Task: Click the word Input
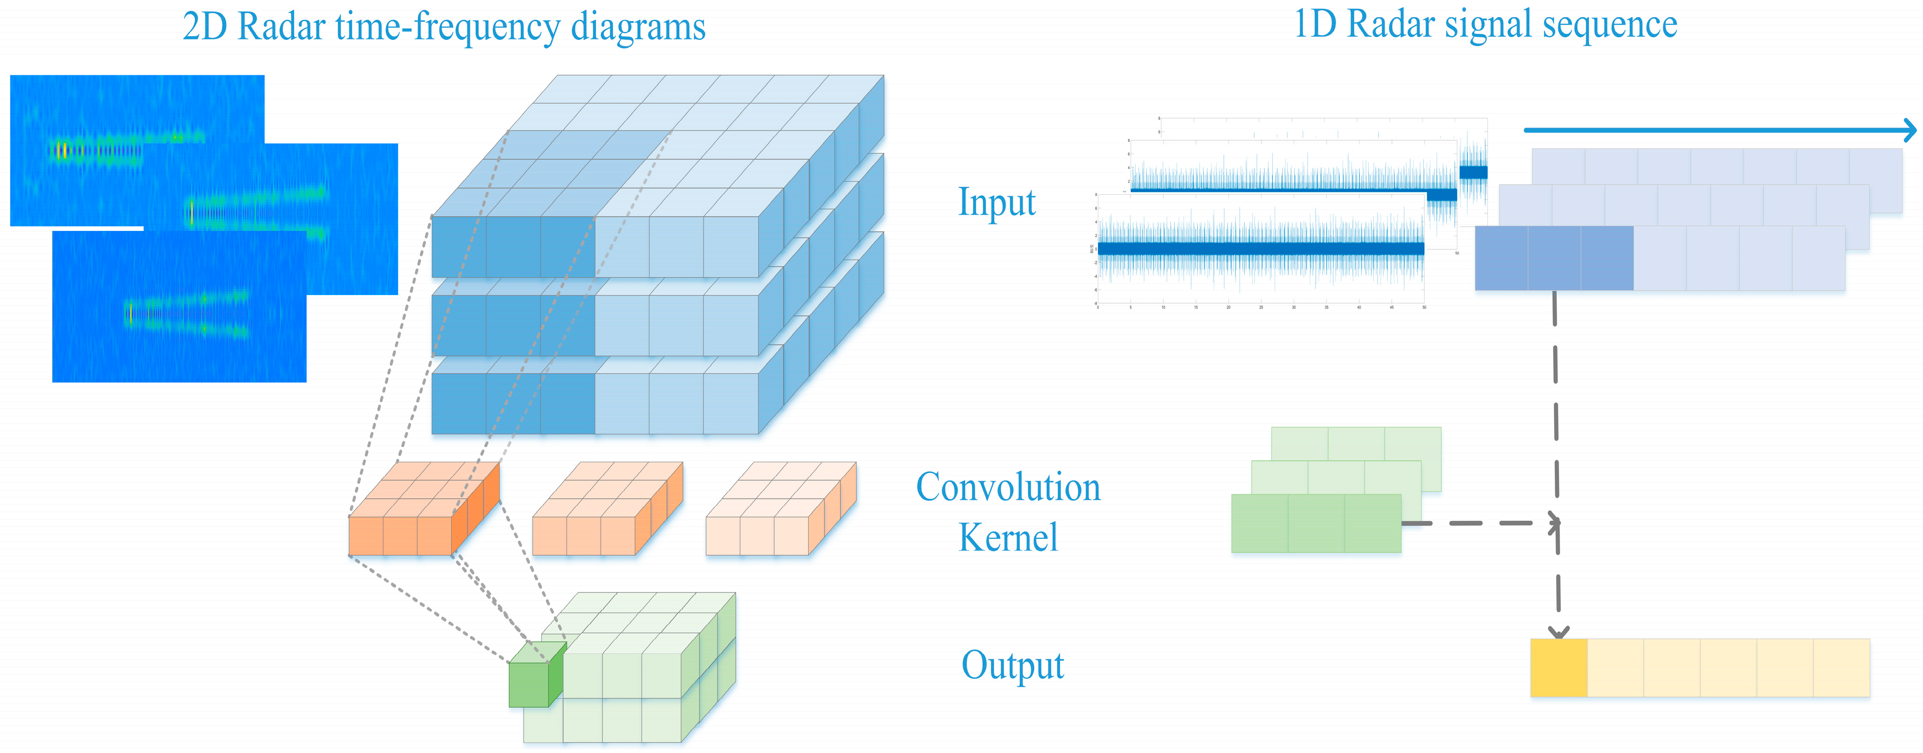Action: coord(997,202)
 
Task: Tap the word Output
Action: coord(1012,665)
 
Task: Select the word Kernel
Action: coord(1008,537)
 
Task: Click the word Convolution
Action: coord(1008,487)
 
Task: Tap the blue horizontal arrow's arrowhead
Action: coord(1910,130)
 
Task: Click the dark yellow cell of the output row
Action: coord(1558,668)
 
